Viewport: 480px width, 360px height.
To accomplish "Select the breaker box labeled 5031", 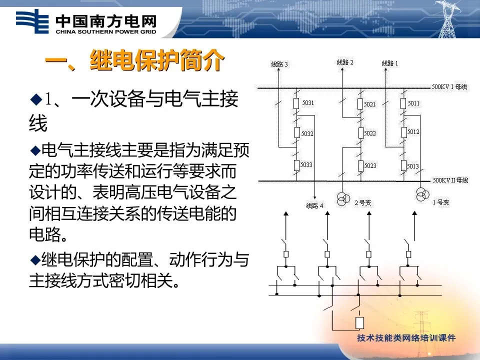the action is [x=296, y=103].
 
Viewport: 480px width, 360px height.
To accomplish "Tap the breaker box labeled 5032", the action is [x=296, y=133].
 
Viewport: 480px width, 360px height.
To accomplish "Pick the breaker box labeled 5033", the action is [x=296, y=164].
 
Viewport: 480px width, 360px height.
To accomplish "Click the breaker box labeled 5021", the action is [x=360, y=104].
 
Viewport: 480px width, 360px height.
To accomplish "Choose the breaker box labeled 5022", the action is [x=360, y=133].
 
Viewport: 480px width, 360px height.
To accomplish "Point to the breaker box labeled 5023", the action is [x=360, y=165].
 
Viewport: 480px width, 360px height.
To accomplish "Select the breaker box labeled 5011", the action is [x=403, y=103].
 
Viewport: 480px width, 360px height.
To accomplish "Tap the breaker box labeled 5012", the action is [x=403, y=132].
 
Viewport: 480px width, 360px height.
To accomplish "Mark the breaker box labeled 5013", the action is [x=403, y=165].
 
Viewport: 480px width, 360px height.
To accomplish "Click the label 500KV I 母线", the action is [x=449, y=87].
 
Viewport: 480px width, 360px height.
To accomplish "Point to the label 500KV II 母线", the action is [x=450, y=180].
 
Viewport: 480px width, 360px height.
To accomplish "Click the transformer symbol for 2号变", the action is [x=343, y=199].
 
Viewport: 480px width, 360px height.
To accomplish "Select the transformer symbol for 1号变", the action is [x=421, y=194].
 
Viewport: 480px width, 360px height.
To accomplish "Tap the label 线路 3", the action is [x=279, y=64].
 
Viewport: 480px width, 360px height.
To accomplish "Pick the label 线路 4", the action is [x=314, y=205].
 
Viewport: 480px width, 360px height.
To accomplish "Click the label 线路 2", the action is [x=345, y=62].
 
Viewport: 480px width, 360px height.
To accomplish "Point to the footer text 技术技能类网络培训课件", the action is [x=406, y=338].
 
